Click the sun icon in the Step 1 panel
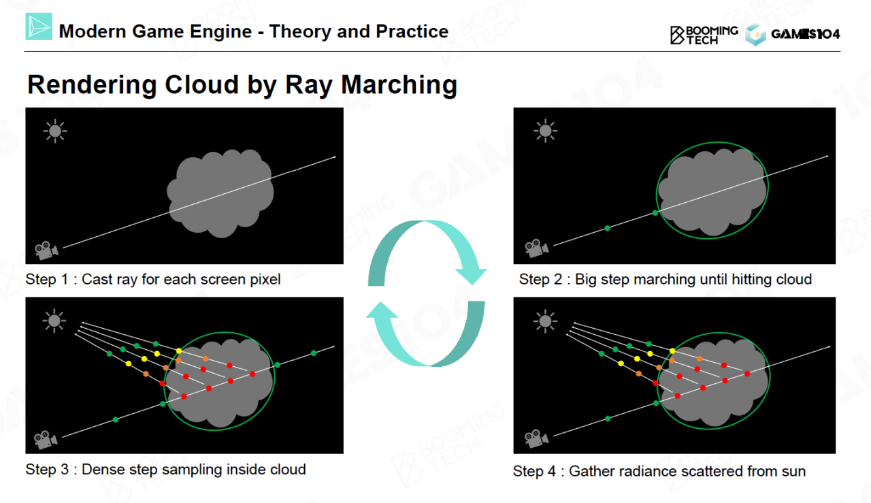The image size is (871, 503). [x=54, y=131]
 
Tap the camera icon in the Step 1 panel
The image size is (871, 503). [x=46, y=250]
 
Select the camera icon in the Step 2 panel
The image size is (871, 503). [x=536, y=248]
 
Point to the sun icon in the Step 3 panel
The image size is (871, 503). [x=54, y=320]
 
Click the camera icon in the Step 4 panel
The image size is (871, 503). [x=536, y=438]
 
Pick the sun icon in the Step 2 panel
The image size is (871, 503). [x=544, y=131]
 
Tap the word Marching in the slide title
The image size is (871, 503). [x=399, y=85]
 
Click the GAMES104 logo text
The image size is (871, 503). [x=805, y=35]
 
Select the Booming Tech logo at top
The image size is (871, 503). [x=704, y=35]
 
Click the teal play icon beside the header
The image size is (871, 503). [x=39, y=27]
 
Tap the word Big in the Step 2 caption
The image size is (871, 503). [x=587, y=279]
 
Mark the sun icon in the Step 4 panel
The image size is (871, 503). [x=544, y=320]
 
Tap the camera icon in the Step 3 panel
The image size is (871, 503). [x=46, y=439]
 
